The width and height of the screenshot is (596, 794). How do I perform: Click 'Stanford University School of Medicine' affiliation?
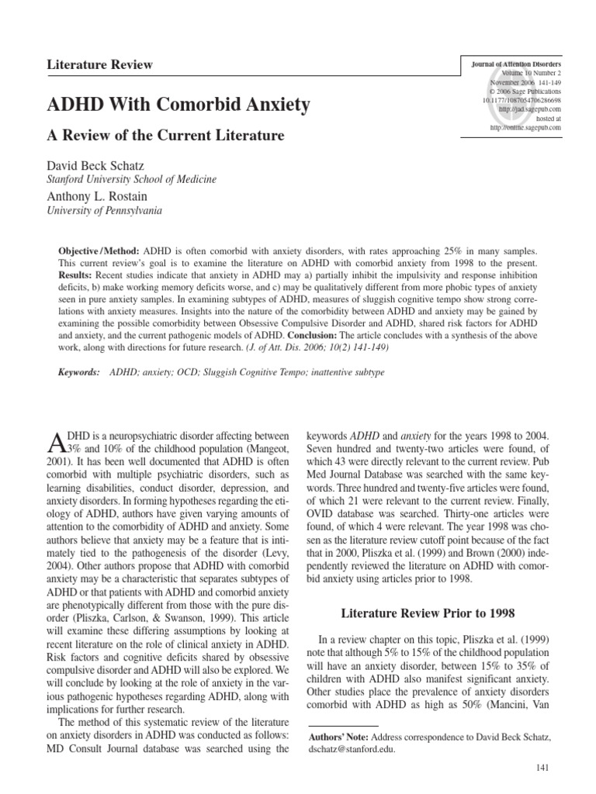pos(132,179)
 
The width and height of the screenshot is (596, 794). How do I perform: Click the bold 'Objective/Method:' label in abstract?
pos(99,254)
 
